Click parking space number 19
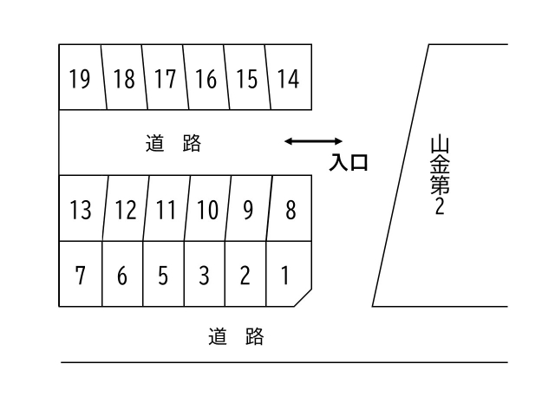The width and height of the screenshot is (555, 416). coord(80,79)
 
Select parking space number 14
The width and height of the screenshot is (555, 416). coord(289,79)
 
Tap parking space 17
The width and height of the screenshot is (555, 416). coord(165,79)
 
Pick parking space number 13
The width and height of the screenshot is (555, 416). coord(81,209)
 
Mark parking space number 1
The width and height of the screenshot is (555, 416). coord(285,275)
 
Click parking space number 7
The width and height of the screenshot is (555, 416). coord(81,275)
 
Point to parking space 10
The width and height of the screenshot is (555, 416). coord(206,209)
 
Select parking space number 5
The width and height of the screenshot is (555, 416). coord(163,275)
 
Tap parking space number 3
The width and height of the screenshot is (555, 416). coord(205,275)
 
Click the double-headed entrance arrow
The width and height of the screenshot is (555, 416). coord(314,140)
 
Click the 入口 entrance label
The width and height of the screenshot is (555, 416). coord(349,162)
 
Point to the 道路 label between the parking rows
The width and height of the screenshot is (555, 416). coord(173,144)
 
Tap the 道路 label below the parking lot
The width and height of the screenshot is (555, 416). coord(236,336)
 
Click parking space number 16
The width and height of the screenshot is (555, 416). coord(206,79)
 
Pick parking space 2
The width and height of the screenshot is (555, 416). coord(245,275)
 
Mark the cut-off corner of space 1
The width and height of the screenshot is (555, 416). coord(303,298)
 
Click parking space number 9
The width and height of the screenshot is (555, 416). coord(248,209)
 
